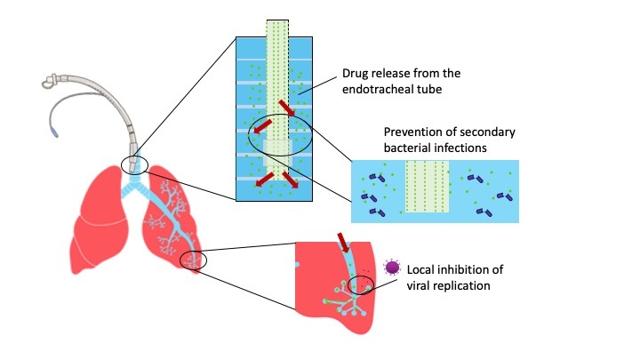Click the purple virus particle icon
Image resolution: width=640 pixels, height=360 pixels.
pyautogui.click(x=390, y=268)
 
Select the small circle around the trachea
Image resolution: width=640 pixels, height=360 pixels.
pyautogui.click(x=135, y=165)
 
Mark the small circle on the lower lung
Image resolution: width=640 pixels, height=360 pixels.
pyautogui.click(x=192, y=260)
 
